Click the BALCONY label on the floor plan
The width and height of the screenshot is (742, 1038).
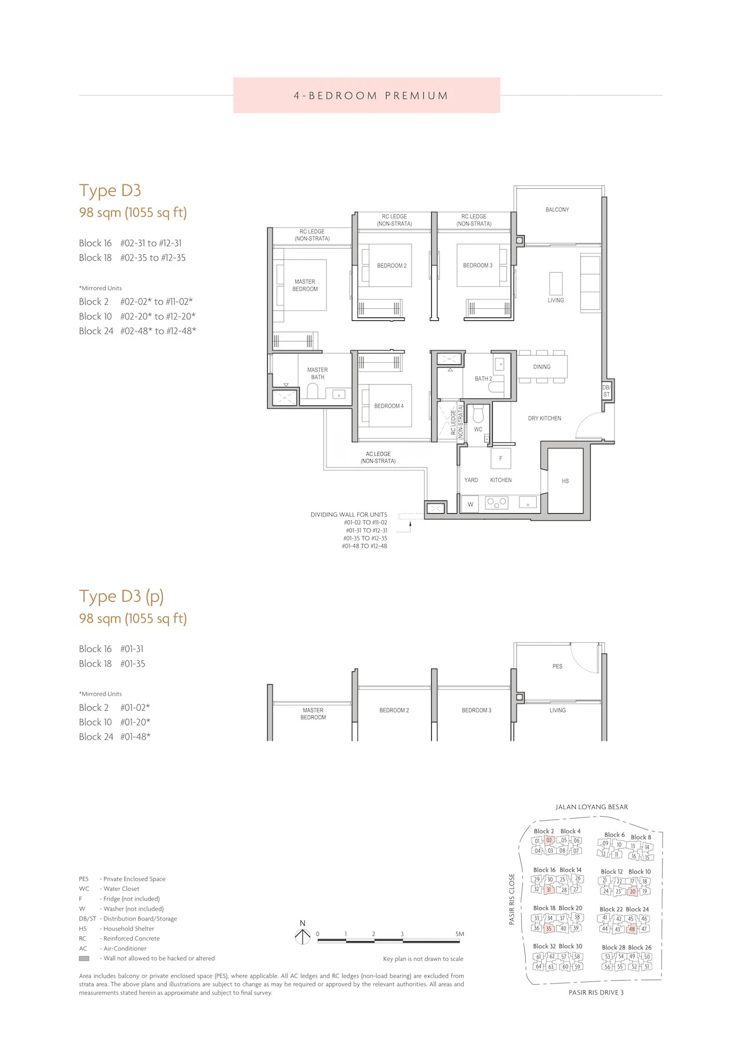pyautogui.click(x=557, y=210)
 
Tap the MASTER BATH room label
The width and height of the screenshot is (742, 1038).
pyautogui.click(x=317, y=374)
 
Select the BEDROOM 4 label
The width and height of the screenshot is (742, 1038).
pyautogui.click(x=389, y=406)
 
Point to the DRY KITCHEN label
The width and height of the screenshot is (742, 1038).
pyautogui.click(x=544, y=418)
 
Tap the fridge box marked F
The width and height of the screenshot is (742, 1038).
pyautogui.click(x=501, y=458)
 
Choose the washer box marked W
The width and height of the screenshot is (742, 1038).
pyautogui.click(x=471, y=505)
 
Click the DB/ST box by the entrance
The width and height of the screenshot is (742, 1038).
pyautogui.click(x=606, y=391)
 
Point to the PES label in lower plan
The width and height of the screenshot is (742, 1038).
pyautogui.click(x=557, y=666)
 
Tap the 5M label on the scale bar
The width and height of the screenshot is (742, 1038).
pyautogui.click(x=460, y=934)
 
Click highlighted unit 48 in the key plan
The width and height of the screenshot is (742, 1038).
pyautogui.click(x=632, y=929)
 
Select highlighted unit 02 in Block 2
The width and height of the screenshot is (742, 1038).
pyautogui.click(x=550, y=840)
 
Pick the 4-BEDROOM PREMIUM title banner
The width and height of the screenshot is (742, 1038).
pyautogui.click(x=367, y=95)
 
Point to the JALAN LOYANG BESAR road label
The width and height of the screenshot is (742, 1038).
pyautogui.click(x=591, y=806)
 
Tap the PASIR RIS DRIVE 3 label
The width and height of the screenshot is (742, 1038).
pyautogui.click(x=596, y=992)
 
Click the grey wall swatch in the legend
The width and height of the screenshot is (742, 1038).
pyautogui.click(x=84, y=959)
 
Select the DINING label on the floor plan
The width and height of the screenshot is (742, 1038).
pyautogui.click(x=542, y=367)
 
